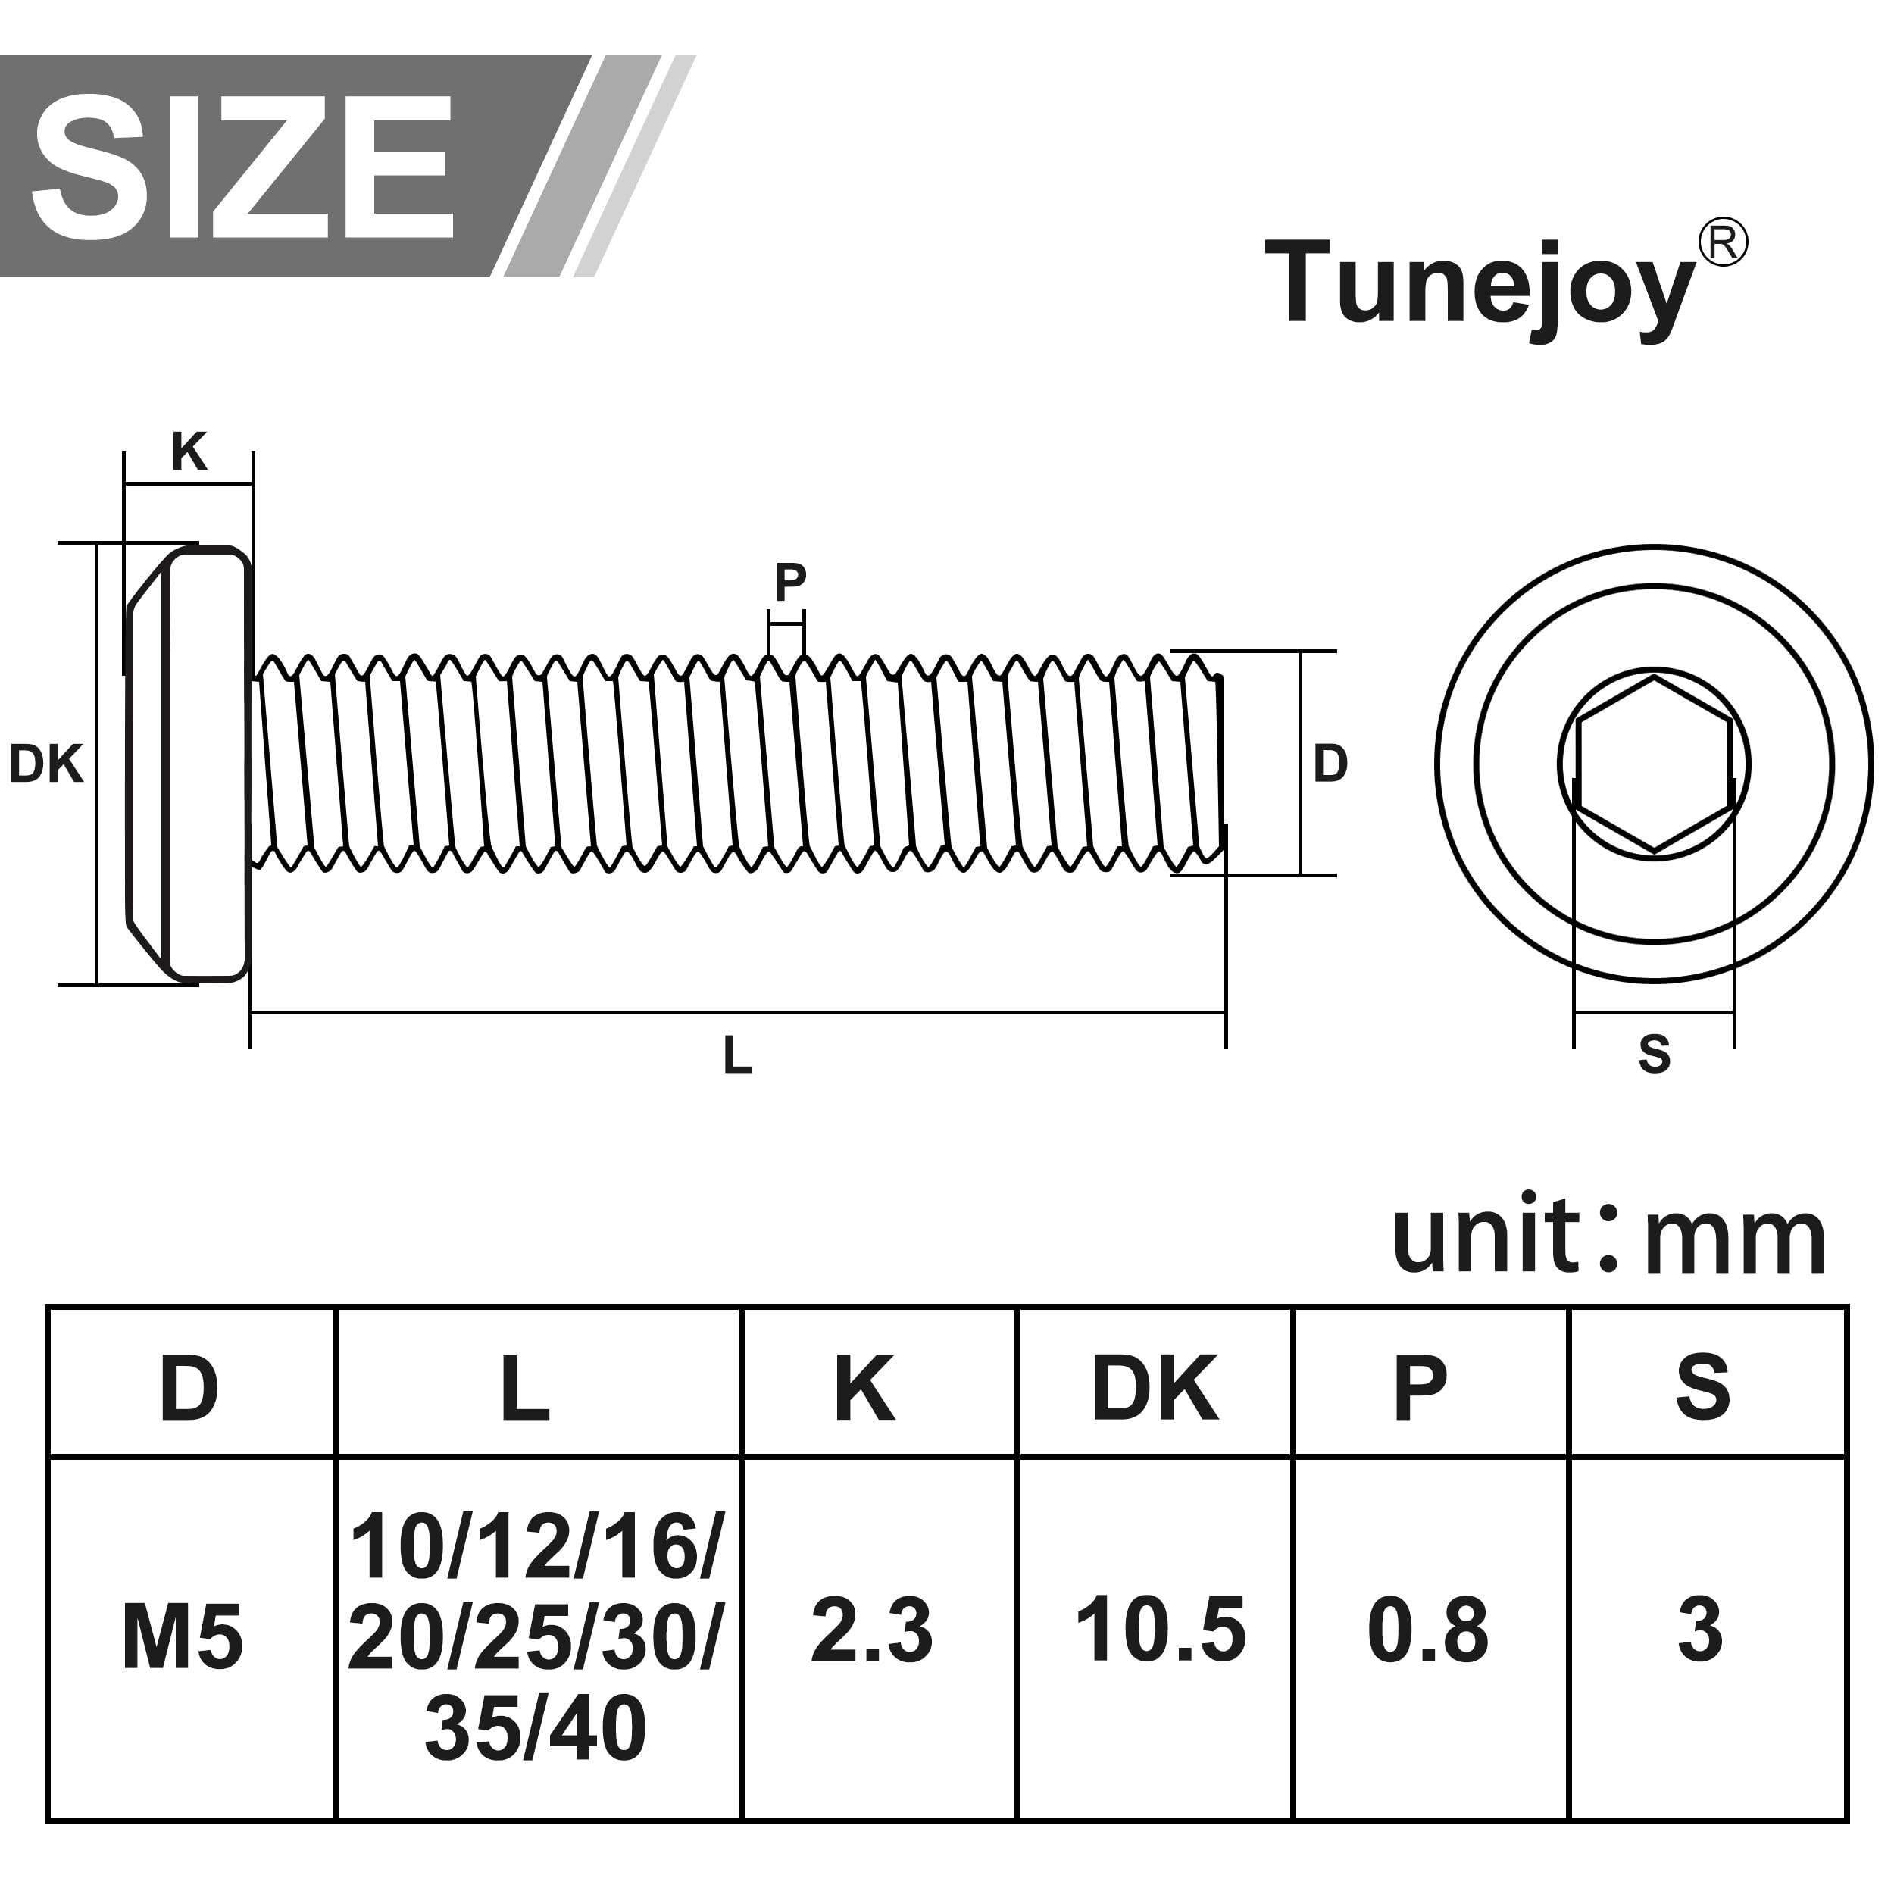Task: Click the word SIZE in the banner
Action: point(242,167)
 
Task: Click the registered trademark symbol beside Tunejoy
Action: point(1723,243)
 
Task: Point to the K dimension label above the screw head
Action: point(189,452)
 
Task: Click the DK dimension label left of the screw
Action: point(46,764)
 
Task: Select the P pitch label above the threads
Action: point(790,583)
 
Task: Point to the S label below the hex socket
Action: point(1655,1054)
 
